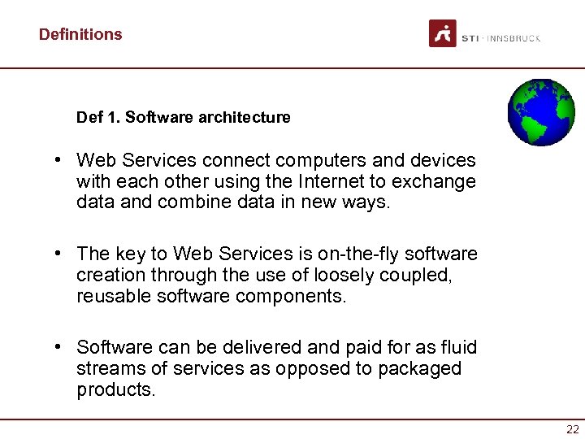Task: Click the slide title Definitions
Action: coord(80,34)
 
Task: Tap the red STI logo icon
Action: coord(443,33)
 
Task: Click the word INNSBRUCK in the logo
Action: coord(513,38)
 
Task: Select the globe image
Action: coord(540,112)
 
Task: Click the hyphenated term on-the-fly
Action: coord(327,254)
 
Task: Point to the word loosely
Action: coord(340,276)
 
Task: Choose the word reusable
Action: coord(114,296)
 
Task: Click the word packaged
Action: coord(420,369)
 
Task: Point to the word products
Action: coord(115,389)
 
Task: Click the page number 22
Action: coord(573,429)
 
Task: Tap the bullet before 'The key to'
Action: coord(60,254)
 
